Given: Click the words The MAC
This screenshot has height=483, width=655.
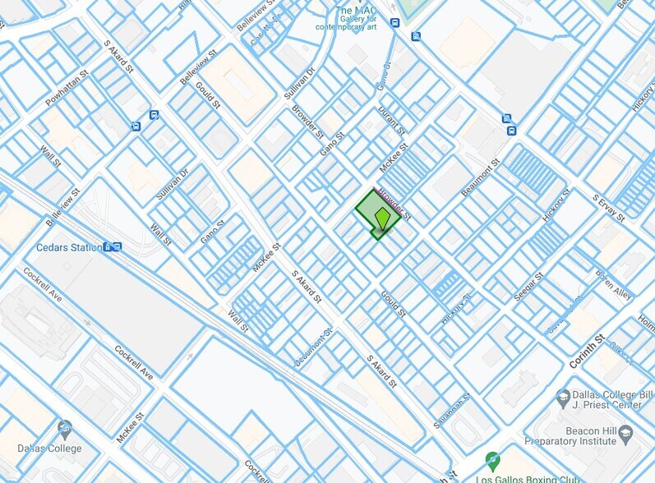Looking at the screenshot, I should [x=355, y=11].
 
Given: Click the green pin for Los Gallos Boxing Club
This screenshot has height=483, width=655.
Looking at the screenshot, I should [x=492, y=461].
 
